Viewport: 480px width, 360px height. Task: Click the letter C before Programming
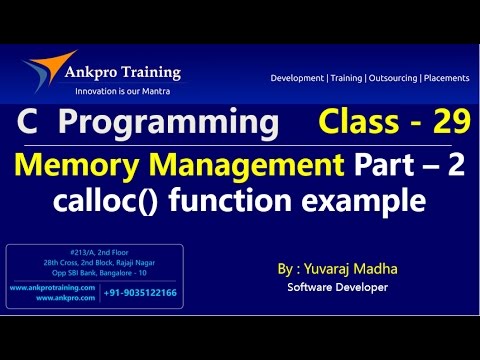pos(27,124)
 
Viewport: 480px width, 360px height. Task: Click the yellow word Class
pos(359,124)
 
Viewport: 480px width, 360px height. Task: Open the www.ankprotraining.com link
pos(52,287)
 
